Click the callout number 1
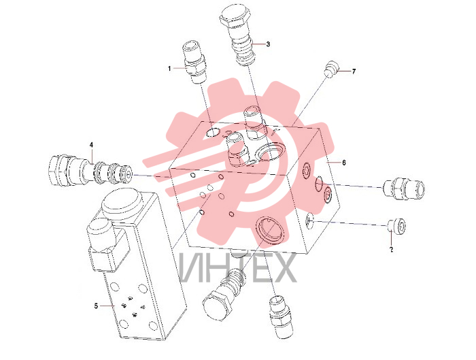click(169, 69)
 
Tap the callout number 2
click(391, 250)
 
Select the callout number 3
click(268, 44)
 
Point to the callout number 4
click(91, 144)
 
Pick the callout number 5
click(96, 306)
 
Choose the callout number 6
click(344, 163)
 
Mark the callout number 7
click(354, 71)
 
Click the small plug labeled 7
click(330, 69)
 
